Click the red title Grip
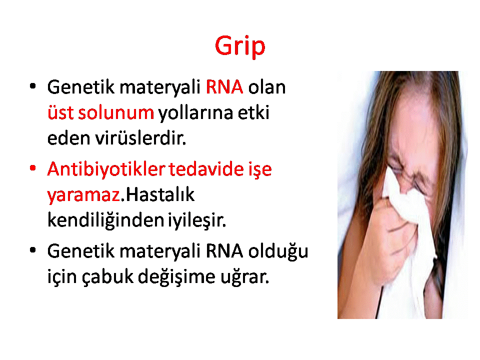point(240,46)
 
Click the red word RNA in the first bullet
point(224,87)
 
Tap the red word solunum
point(116,112)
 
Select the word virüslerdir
point(140,138)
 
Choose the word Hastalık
point(160,194)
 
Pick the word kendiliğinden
point(105,220)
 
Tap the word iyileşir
point(197,220)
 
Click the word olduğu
point(278,252)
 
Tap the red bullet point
point(33,168)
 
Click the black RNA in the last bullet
point(224,251)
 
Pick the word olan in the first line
point(266,87)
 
